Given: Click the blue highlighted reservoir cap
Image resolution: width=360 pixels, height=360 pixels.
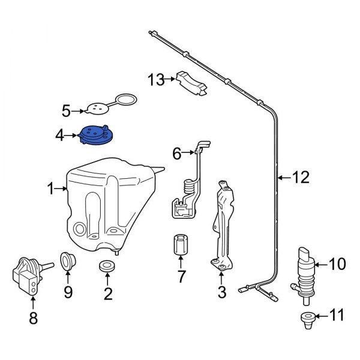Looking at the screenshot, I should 95,135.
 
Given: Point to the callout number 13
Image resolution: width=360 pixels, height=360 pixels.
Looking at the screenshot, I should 156,80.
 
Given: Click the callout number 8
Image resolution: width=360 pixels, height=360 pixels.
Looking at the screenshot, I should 33,319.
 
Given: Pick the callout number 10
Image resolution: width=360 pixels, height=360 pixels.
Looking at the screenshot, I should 338,263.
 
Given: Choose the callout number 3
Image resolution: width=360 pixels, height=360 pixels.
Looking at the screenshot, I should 221,293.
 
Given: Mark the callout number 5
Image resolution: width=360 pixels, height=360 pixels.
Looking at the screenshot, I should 67,110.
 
